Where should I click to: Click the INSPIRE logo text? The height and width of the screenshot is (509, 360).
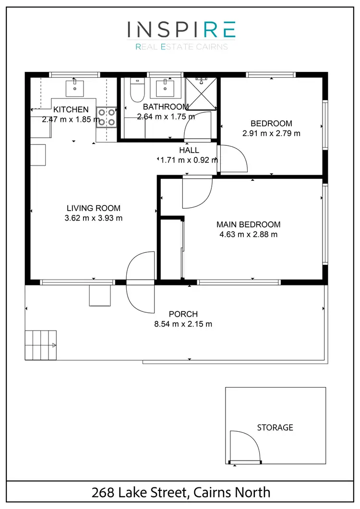point(181,29)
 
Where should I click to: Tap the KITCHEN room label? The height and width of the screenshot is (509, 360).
point(71,109)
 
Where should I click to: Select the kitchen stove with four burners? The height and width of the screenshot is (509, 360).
point(107,117)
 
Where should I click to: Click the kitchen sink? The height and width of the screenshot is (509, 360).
point(75,87)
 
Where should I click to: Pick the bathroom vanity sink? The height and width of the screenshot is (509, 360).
point(165,88)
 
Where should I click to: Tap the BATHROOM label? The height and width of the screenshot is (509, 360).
point(165,107)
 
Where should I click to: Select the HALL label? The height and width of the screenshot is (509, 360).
point(189,150)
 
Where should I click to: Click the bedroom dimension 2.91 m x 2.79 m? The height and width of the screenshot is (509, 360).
point(271,133)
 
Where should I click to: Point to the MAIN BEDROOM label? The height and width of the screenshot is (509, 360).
point(248,225)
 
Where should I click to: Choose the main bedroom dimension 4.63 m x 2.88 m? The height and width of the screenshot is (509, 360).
point(248,235)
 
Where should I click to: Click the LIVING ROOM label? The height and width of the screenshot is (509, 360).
point(93,208)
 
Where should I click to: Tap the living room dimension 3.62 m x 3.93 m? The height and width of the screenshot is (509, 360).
point(93,218)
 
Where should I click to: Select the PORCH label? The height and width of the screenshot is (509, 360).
point(183,314)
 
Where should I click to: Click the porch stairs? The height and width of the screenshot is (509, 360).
point(41,345)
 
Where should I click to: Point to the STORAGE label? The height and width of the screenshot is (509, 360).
point(275,427)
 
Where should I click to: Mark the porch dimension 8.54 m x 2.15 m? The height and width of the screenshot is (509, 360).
point(183,324)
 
